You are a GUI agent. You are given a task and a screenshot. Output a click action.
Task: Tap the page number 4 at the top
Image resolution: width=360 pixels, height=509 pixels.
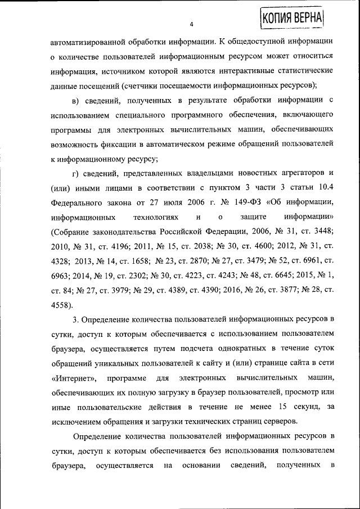pos(191,25)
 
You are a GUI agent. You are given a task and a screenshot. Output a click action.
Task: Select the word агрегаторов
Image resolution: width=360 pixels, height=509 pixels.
pos(301,173)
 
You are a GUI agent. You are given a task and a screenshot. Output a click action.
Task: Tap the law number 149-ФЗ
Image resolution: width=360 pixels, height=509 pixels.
pos(245,202)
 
